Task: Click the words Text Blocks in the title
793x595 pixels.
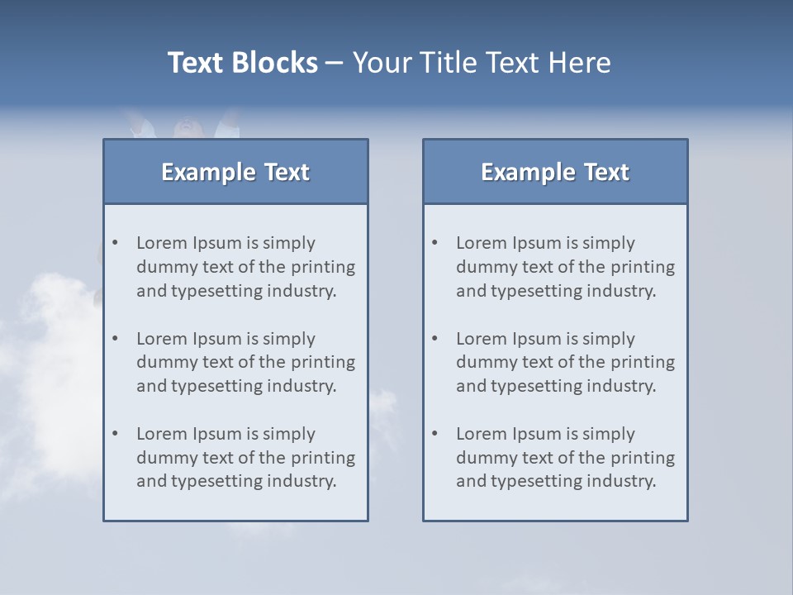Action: pyautogui.click(x=243, y=63)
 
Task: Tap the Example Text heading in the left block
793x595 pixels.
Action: pyautogui.click(x=235, y=172)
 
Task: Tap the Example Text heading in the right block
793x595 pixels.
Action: pyautogui.click(x=555, y=172)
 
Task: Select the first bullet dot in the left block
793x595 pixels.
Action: pyautogui.click(x=116, y=243)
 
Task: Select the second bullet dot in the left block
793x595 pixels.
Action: pyautogui.click(x=116, y=339)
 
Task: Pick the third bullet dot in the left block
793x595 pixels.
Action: pyautogui.click(x=116, y=434)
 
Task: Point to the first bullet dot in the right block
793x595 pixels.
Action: pyautogui.click(x=435, y=243)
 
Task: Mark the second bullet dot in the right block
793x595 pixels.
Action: pyautogui.click(x=435, y=339)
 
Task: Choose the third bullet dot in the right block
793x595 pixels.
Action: pyautogui.click(x=435, y=434)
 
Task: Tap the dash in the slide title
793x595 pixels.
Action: pyautogui.click(x=335, y=63)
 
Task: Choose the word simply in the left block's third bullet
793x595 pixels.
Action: pyautogui.click(x=289, y=434)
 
